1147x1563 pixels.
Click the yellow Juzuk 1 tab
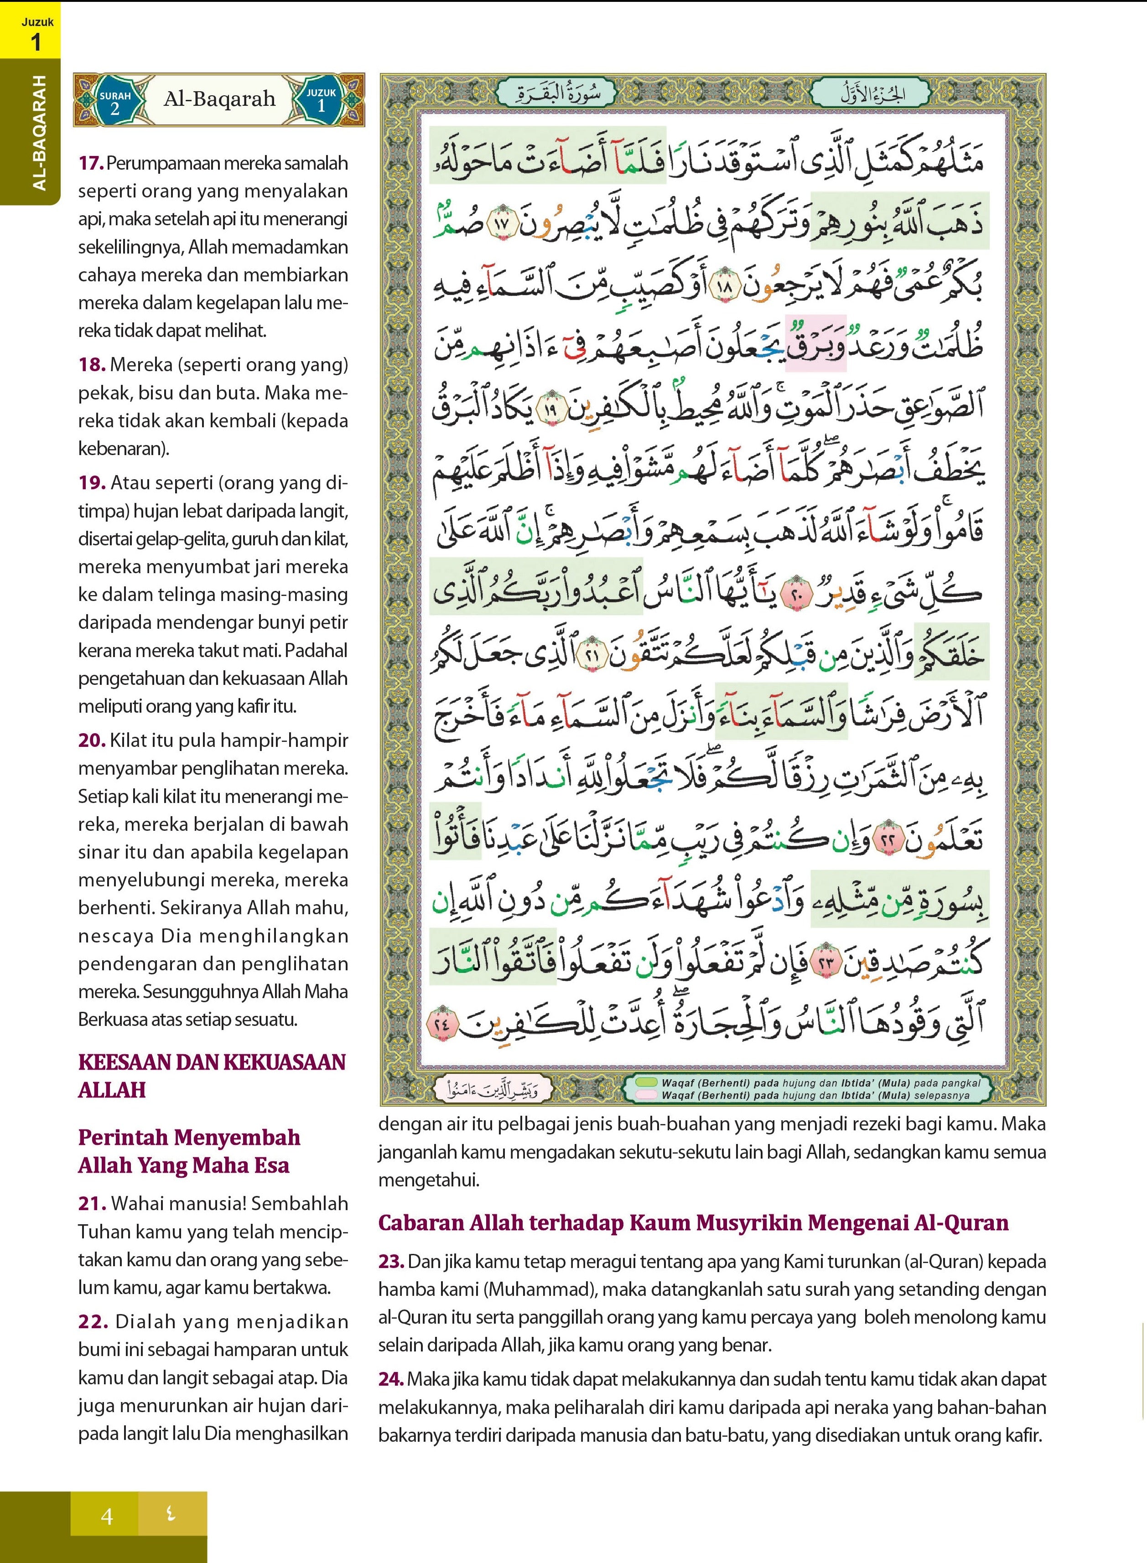click(x=31, y=31)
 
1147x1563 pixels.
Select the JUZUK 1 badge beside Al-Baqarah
click(x=321, y=100)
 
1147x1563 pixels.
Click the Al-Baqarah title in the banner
click(x=219, y=99)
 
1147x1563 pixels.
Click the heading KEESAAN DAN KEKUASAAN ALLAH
click(x=212, y=1076)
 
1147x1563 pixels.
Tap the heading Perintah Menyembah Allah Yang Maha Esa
click(x=189, y=1151)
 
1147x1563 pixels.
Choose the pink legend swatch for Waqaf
click(x=646, y=1095)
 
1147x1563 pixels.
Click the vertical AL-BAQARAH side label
click(x=40, y=132)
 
